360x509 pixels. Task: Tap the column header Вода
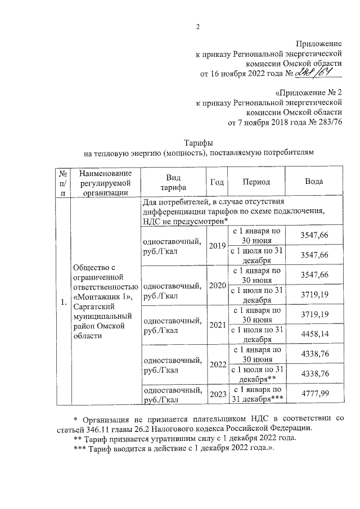[313, 182]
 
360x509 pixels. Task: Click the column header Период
[256, 182]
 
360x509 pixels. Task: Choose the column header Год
[217, 182]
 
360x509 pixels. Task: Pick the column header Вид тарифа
[172, 182]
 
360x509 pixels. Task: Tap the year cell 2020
[217, 285]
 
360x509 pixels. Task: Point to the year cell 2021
[217, 325]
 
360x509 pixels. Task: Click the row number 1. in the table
[64, 303]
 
